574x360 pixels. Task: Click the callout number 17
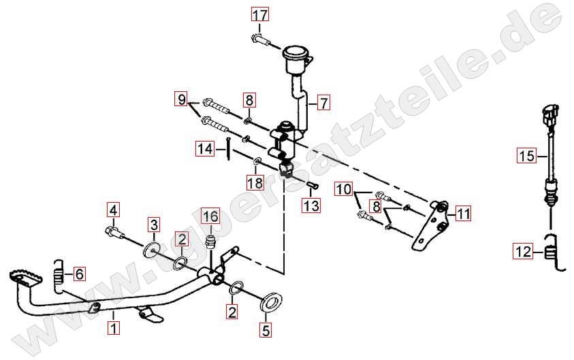pyautogui.click(x=259, y=16)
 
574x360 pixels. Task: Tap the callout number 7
pyautogui.click(x=323, y=103)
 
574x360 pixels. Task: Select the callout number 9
pyautogui.click(x=182, y=99)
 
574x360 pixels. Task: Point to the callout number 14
pyautogui.click(x=205, y=148)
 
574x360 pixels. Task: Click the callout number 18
pyautogui.click(x=255, y=182)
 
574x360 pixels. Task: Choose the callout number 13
pyautogui.click(x=311, y=206)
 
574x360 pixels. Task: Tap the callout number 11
pyautogui.click(x=464, y=213)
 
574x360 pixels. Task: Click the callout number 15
pyautogui.click(x=527, y=156)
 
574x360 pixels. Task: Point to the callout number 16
pyautogui.click(x=211, y=216)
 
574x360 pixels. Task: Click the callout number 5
pyautogui.click(x=266, y=330)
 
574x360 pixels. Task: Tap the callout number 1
pyautogui.click(x=114, y=328)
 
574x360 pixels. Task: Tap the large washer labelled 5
pyautogui.click(x=271, y=302)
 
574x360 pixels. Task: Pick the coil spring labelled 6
pyautogui.click(x=59, y=276)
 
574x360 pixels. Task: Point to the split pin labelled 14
pyautogui.click(x=228, y=148)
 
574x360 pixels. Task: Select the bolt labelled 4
pyautogui.click(x=114, y=232)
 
